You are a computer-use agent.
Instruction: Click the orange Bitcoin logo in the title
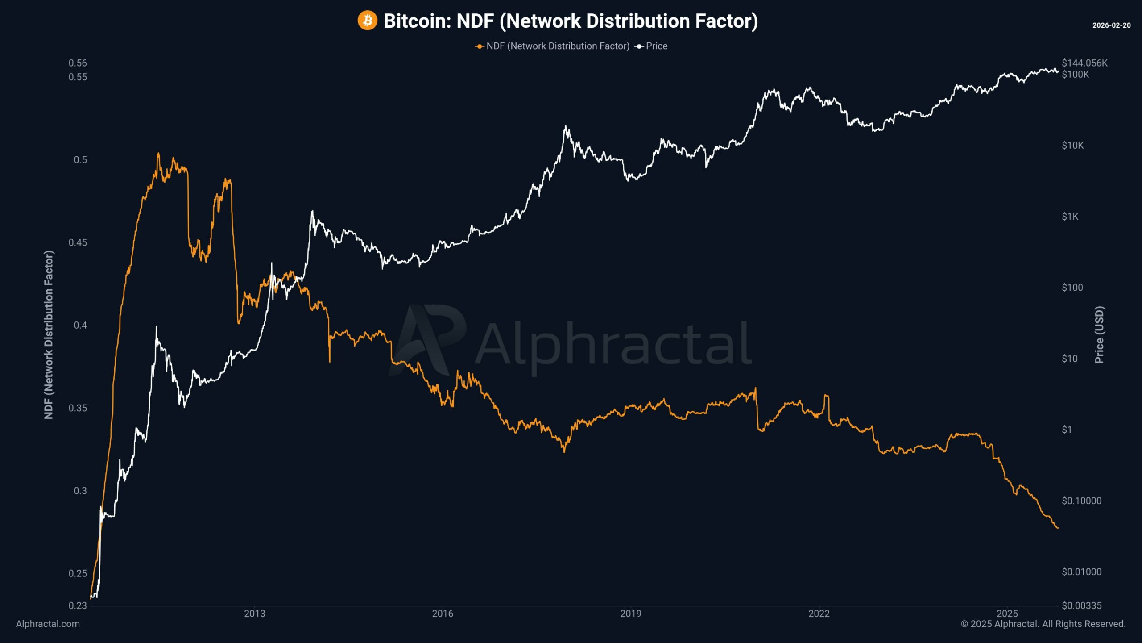pyautogui.click(x=367, y=21)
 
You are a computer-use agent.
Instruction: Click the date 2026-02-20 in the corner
pyautogui.click(x=1111, y=25)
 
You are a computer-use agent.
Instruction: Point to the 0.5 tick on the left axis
pyautogui.click(x=80, y=160)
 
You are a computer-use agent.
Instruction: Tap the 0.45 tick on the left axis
pyautogui.click(x=78, y=242)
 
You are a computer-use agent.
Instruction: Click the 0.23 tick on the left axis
pyautogui.click(x=78, y=605)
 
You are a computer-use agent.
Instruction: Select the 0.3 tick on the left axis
pyautogui.click(x=80, y=491)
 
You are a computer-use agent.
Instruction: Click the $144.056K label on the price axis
pyautogui.click(x=1084, y=63)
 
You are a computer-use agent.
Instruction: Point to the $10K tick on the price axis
pyautogui.click(x=1072, y=146)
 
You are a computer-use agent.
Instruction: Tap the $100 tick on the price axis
pyautogui.click(x=1072, y=288)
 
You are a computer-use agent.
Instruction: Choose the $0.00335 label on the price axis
pyautogui.click(x=1081, y=605)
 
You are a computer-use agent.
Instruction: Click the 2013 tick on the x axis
pyautogui.click(x=254, y=614)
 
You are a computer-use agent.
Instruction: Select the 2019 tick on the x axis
pyautogui.click(x=631, y=614)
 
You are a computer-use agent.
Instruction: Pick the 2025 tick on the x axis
pyautogui.click(x=1007, y=614)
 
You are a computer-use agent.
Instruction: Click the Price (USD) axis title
pyautogui.click(x=1100, y=335)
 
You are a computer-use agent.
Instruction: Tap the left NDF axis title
pyautogui.click(x=49, y=335)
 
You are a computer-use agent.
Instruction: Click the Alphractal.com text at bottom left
pyautogui.click(x=48, y=624)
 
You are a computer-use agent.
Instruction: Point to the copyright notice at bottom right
pyautogui.click(x=1043, y=624)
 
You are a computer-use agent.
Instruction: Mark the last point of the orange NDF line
pyautogui.click(x=1058, y=528)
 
